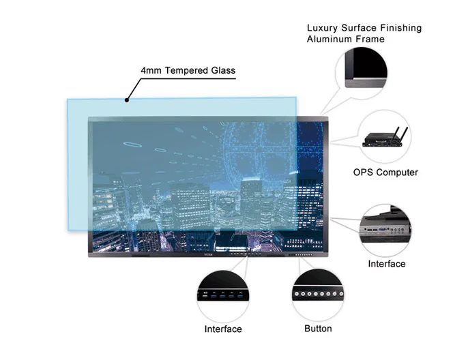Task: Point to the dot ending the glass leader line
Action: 126,100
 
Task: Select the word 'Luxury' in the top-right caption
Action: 323,28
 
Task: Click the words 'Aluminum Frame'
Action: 345,39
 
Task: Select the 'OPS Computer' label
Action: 385,172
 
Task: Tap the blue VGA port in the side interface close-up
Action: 383,230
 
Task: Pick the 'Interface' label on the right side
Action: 386,264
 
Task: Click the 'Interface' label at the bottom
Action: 223,329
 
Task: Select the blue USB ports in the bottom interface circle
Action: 224,296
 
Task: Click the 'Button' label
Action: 318,329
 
